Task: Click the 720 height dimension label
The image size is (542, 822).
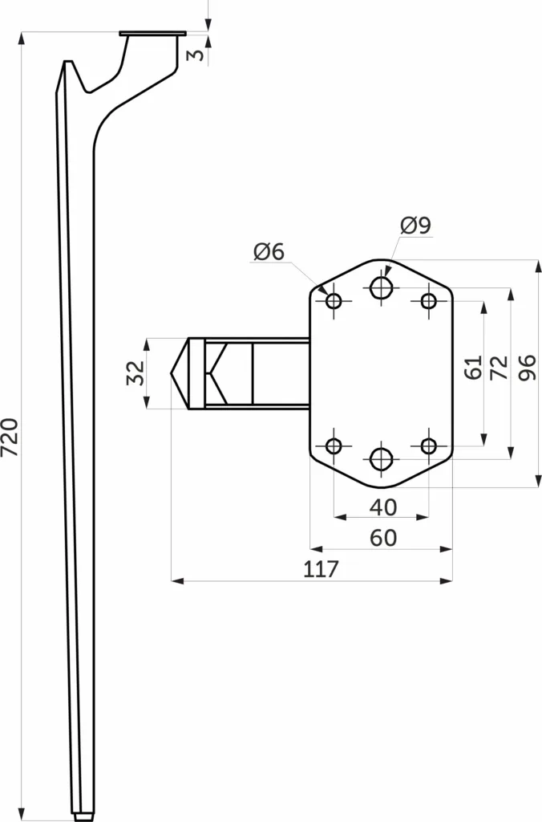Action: point(10,437)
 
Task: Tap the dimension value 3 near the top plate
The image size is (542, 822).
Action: point(196,54)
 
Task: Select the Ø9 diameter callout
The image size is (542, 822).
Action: point(416,225)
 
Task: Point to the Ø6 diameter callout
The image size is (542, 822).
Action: point(269,251)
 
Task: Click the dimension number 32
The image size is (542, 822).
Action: point(136,372)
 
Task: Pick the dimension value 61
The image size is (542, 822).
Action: point(473,367)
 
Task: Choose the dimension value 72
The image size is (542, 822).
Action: point(500,367)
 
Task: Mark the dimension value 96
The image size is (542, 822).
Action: point(528,367)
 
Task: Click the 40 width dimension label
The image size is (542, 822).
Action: point(383,507)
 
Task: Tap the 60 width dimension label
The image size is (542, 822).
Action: point(383,538)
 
